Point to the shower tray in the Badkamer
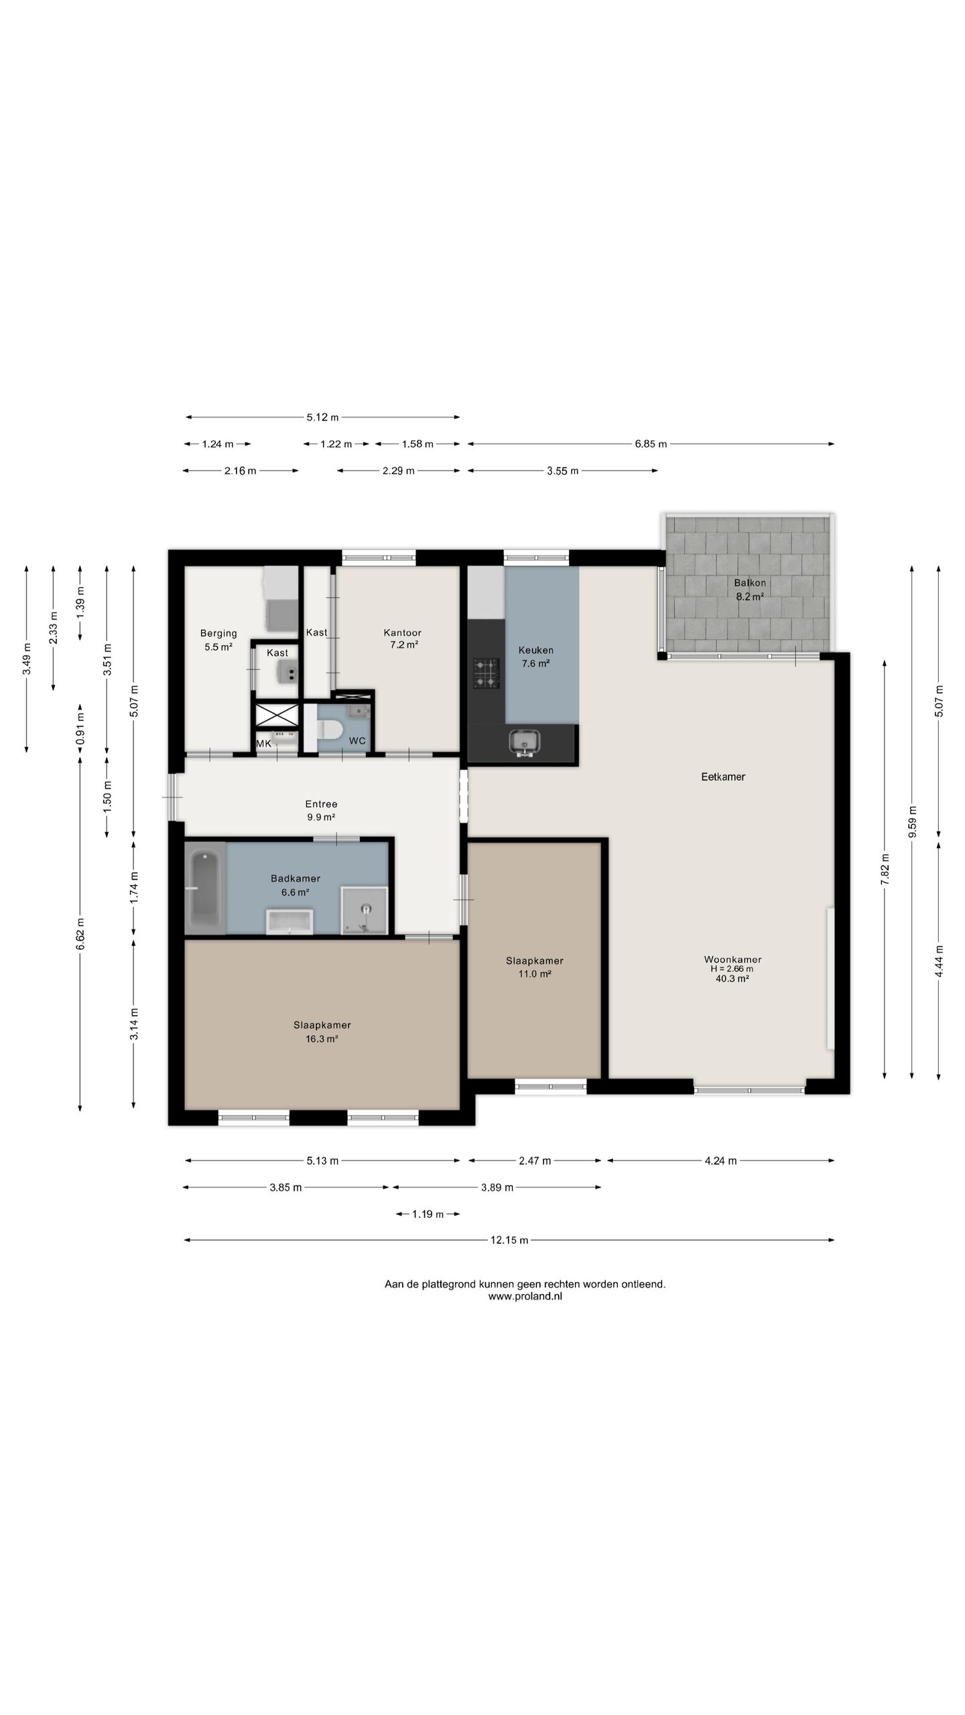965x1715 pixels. point(365,910)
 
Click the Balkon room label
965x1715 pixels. point(750,583)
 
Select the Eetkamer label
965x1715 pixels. point(723,777)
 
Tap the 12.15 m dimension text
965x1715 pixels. point(509,1240)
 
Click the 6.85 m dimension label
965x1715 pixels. point(651,443)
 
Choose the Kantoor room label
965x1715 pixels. point(403,632)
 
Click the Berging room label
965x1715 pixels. point(218,633)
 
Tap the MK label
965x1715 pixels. point(264,744)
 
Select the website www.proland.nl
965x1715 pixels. point(525,1296)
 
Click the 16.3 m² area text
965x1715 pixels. point(322,1039)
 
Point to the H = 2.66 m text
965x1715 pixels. point(732,969)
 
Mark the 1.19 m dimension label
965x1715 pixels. point(428,1214)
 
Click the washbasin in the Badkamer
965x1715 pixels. point(289,921)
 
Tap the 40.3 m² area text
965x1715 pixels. point(732,978)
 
